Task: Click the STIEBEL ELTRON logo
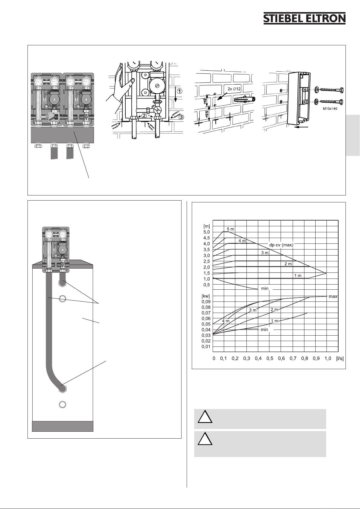coord(304,18)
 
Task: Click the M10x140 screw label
coord(330,109)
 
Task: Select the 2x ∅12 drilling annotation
coord(234,89)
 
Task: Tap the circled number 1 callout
coord(179,91)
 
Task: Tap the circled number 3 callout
coord(181,117)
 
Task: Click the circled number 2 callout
coord(144,116)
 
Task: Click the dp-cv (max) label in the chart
coord(281,245)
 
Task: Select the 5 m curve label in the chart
coord(230,229)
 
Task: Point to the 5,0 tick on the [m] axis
coord(207,232)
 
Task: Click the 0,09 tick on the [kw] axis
coord(206,301)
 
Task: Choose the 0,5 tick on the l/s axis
coord(270,358)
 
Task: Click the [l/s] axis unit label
coord(340,358)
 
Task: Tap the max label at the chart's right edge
coord(333,297)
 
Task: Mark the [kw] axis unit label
coord(206,296)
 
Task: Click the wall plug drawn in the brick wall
coord(244,99)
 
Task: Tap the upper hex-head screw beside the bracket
coord(329,90)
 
